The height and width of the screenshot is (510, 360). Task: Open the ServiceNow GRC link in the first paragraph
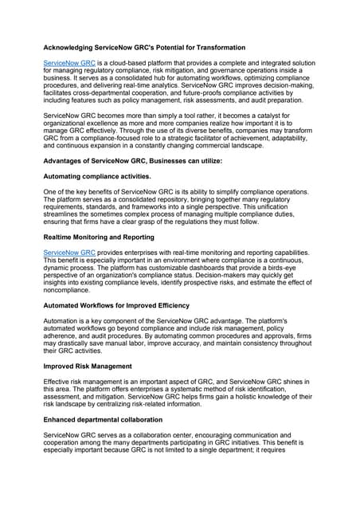pyautogui.click(x=68, y=62)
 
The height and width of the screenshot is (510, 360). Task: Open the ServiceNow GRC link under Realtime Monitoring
pyautogui.click(x=68, y=252)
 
